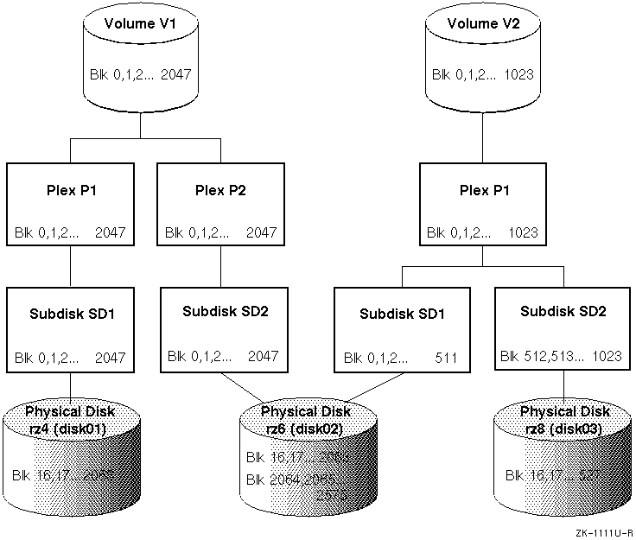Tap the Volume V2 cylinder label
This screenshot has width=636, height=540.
[x=482, y=24]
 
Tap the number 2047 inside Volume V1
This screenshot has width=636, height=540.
[x=175, y=75]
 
